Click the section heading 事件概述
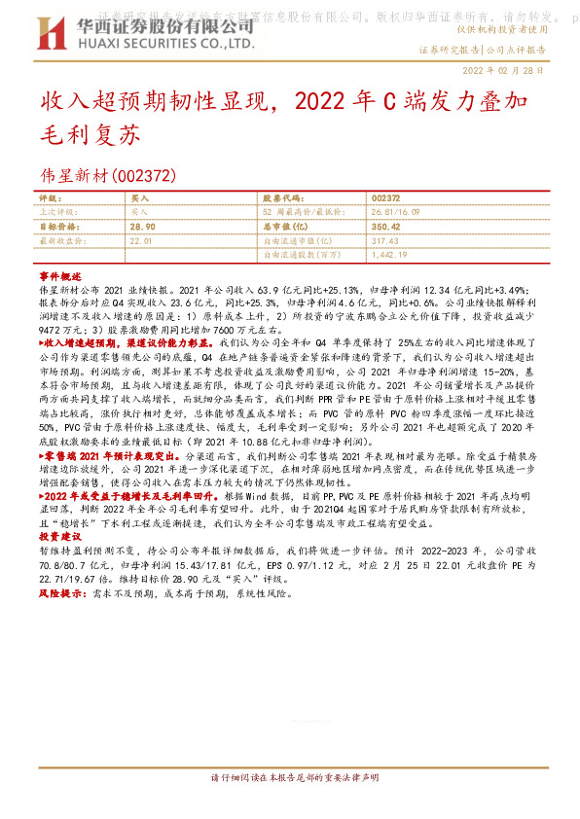click(59, 277)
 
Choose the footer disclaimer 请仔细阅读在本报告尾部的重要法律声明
click(291, 778)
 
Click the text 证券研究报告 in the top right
click(450, 49)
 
